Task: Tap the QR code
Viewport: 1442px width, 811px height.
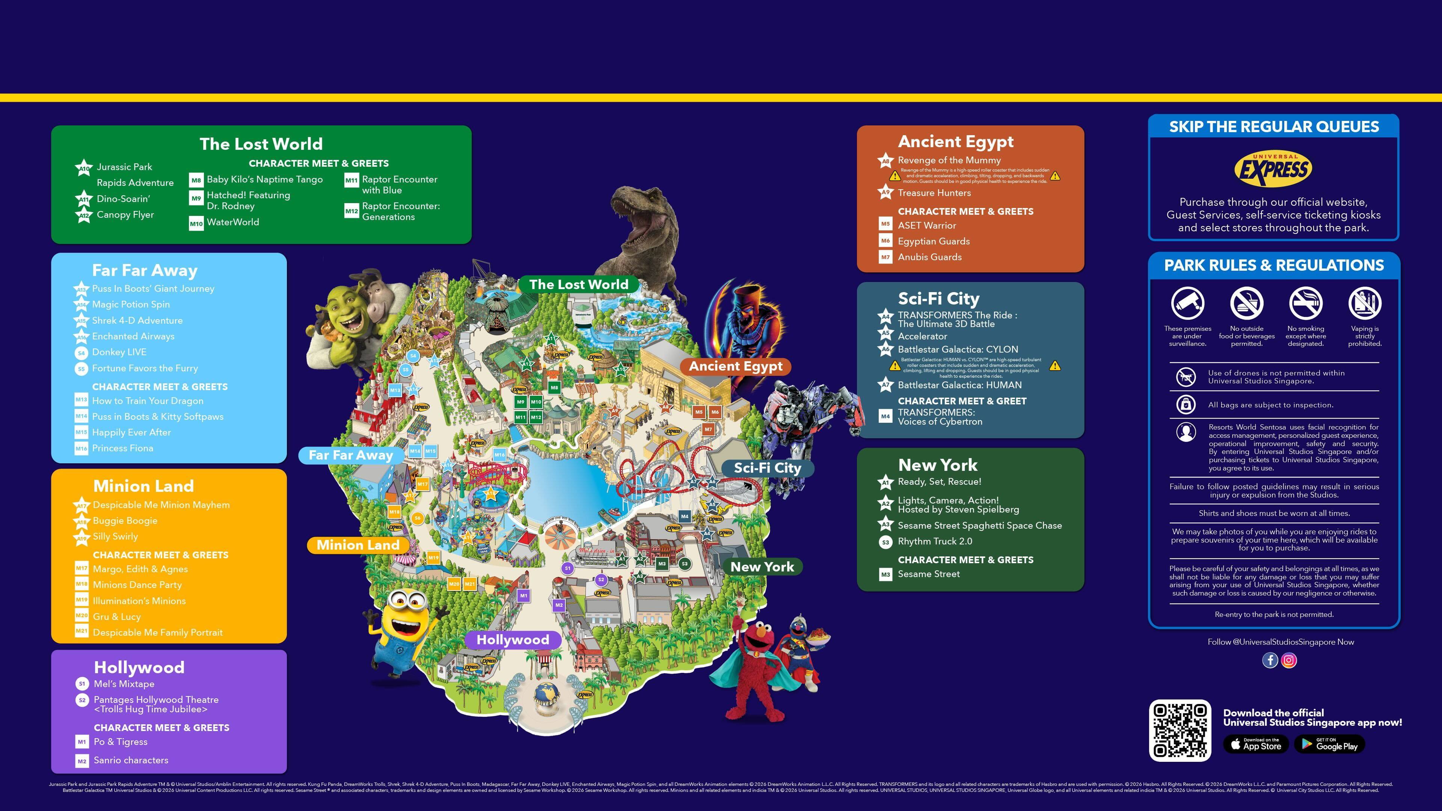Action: pos(1180,730)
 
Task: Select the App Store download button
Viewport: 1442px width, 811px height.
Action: pos(1256,744)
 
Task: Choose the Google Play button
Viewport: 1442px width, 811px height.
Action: pos(1329,744)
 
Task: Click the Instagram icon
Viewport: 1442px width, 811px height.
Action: pos(1289,660)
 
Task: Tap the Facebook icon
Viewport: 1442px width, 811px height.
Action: pos(1270,660)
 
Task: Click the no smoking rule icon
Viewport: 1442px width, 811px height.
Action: pos(1305,303)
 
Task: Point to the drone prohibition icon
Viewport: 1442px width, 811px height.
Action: pos(1186,377)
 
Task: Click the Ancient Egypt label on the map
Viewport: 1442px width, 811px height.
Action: pos(735,366)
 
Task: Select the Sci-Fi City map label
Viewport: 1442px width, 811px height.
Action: pos(767,468)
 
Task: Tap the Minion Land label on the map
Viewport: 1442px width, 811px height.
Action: pos(358,545)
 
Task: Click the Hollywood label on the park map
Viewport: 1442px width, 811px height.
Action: pos(512,640)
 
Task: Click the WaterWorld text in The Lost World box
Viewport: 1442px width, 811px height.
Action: pos(233,222)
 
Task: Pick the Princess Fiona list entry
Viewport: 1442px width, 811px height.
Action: pos(122,448)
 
